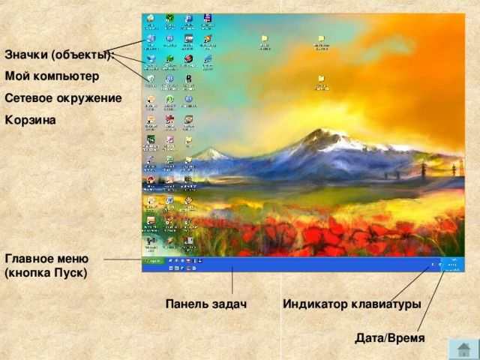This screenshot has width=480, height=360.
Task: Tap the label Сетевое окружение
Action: (63, 97)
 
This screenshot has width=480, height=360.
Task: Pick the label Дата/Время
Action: (390, 339)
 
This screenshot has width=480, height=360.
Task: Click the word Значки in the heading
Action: (26, 55)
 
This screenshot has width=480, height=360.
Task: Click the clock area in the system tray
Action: (454, 264)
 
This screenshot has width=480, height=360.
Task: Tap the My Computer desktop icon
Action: (151, 39)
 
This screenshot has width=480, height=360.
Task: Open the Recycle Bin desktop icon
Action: (151, 78)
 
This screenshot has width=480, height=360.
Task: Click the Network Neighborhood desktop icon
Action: (151, 58)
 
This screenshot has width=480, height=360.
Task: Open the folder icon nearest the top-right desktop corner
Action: (321, 40)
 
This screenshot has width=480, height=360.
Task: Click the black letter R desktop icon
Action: (189, 78)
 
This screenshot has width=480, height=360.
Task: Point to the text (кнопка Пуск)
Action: (46, 273)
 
